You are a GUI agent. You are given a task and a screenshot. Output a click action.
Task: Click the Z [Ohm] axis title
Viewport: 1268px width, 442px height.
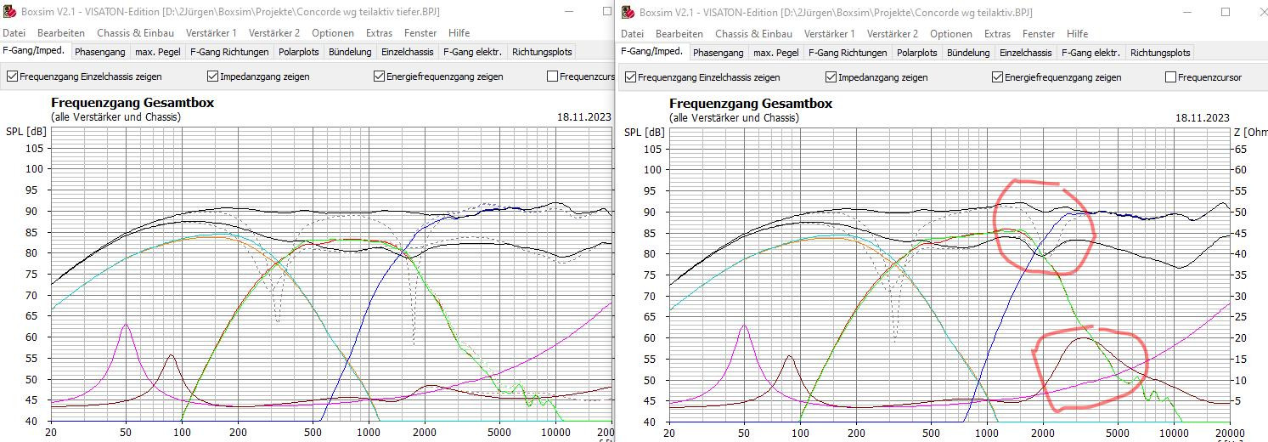click(x=1248, y=132)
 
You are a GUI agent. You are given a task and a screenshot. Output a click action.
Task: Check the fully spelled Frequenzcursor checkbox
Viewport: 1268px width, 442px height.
click(x=1170, y=76)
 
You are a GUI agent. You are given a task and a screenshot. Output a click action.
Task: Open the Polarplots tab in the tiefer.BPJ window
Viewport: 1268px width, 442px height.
click(x=298, y=52)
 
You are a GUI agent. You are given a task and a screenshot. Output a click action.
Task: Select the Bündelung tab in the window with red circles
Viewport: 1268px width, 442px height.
click(x=968, y=52)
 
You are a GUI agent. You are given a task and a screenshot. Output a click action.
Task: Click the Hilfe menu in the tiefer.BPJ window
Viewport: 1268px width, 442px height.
click(x=459, y=33)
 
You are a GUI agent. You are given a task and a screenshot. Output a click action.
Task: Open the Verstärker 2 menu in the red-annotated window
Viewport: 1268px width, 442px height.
click(x=892, y=33)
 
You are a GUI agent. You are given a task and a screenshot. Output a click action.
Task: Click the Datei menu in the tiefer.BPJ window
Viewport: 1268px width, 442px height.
click(x=14, y=33)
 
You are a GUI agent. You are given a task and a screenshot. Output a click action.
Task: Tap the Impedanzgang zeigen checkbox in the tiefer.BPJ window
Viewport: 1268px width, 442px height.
click(x=212, y=76)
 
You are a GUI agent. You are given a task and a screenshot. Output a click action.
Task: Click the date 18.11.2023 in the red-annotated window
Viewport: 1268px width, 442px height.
click(x=1202, y=117)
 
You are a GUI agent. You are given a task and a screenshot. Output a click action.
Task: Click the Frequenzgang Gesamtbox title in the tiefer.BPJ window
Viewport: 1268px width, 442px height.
click(x=132, y=103)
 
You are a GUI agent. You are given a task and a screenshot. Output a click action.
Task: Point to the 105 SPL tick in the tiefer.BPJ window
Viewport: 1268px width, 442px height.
click(x=35, y=148)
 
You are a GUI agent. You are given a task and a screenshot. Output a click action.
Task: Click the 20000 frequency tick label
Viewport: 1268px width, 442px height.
click(x=1230, y=433)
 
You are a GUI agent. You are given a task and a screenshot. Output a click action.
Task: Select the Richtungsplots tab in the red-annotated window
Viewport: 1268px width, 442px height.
click(x=1160, y=52)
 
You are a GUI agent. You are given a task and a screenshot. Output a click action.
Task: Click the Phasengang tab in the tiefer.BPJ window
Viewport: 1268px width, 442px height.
click(x=99, y=52)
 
